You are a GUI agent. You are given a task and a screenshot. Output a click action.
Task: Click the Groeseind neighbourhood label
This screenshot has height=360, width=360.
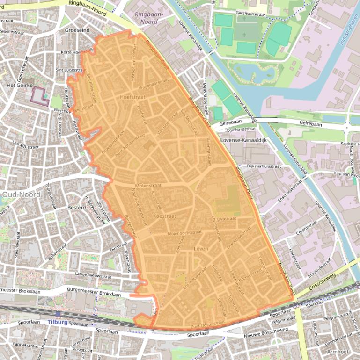click(x=77, y=29)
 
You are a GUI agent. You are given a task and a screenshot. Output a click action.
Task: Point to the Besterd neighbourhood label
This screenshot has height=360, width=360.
click(x=76, y=207)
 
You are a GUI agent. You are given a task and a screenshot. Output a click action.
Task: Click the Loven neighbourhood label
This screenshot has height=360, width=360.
click(x=200, y=249)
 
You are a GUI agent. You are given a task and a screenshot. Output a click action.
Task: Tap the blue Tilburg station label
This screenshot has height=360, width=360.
click(x=57, y=323)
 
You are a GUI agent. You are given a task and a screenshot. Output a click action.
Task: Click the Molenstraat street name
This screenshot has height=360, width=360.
click(x=149, y=185)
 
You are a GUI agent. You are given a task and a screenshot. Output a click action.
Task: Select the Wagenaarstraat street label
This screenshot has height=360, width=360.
click(x=153, y=83)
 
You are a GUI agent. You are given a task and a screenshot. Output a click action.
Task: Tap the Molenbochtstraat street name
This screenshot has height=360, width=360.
click(x=184, y=232)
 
